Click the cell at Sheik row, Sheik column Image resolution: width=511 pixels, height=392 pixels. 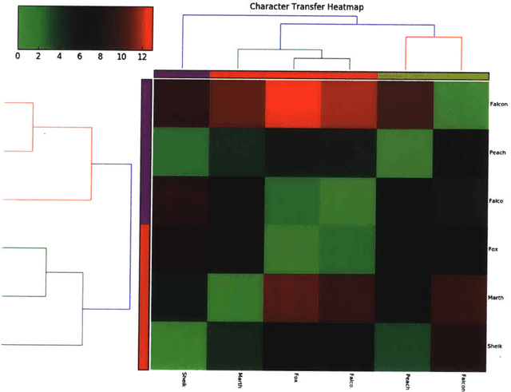180,346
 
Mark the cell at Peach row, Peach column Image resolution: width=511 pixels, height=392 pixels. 405,152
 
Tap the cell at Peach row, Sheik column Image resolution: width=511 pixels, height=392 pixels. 180,152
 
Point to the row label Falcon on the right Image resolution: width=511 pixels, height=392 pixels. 500,105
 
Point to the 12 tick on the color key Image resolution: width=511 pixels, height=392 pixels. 142,57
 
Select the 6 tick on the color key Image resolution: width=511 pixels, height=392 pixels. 80,57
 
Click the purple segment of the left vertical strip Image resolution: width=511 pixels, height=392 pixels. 145,151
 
